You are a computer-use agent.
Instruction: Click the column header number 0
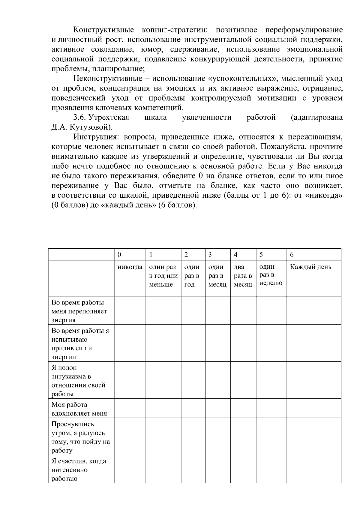click(119, 255)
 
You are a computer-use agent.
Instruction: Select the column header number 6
click(292, 255)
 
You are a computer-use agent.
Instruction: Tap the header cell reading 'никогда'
click(130, 267)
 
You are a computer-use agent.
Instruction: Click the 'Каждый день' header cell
click(310, 267)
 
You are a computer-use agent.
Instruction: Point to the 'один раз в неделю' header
click(271, 275)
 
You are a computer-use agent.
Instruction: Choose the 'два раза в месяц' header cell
click(243, 276)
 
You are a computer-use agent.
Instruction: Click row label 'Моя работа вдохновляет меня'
click(79, 409)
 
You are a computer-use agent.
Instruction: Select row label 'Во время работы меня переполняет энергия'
click(79, 311)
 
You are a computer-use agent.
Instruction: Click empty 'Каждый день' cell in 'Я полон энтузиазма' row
click(313, 380)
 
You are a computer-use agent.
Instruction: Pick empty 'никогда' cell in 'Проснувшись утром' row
click(130, 436)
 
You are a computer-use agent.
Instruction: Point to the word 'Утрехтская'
click(109, 117)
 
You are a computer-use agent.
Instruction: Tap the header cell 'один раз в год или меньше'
click(163, 276)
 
